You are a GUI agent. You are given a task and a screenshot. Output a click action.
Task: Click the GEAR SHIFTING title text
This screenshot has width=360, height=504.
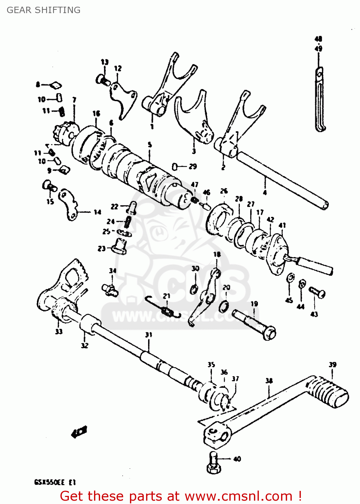[44, 10]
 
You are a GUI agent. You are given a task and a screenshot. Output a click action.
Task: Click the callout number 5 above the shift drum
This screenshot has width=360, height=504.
[150, 145]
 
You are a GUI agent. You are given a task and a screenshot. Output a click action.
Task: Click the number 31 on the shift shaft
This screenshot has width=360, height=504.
[148, 335]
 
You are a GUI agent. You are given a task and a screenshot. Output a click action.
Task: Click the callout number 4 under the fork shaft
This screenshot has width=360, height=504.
[265, 192]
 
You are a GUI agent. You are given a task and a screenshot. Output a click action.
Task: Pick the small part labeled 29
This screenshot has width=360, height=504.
[175, 167]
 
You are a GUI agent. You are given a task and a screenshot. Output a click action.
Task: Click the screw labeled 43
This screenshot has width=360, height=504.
[317, 292]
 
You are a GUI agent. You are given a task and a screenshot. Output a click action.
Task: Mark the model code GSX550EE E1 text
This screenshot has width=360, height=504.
[55, 482]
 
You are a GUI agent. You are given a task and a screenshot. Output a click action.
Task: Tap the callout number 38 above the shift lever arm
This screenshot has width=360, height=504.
[269, 381]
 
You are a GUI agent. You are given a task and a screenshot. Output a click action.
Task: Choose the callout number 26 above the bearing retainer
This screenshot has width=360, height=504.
[224, 191]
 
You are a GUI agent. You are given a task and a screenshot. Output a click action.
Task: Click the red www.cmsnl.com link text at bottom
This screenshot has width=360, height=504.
[238, 496]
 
